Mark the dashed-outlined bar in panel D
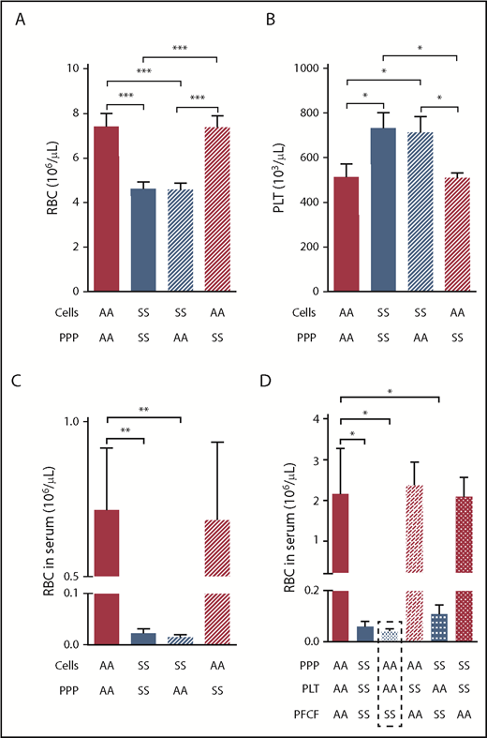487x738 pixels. pyautogui.click(x=391, y=634)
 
